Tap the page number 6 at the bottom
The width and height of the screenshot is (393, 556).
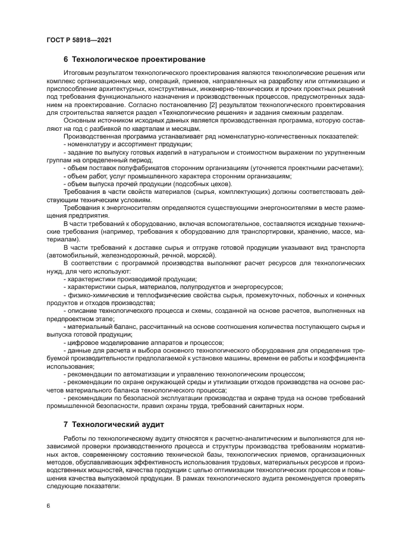[x=47, y=505]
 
